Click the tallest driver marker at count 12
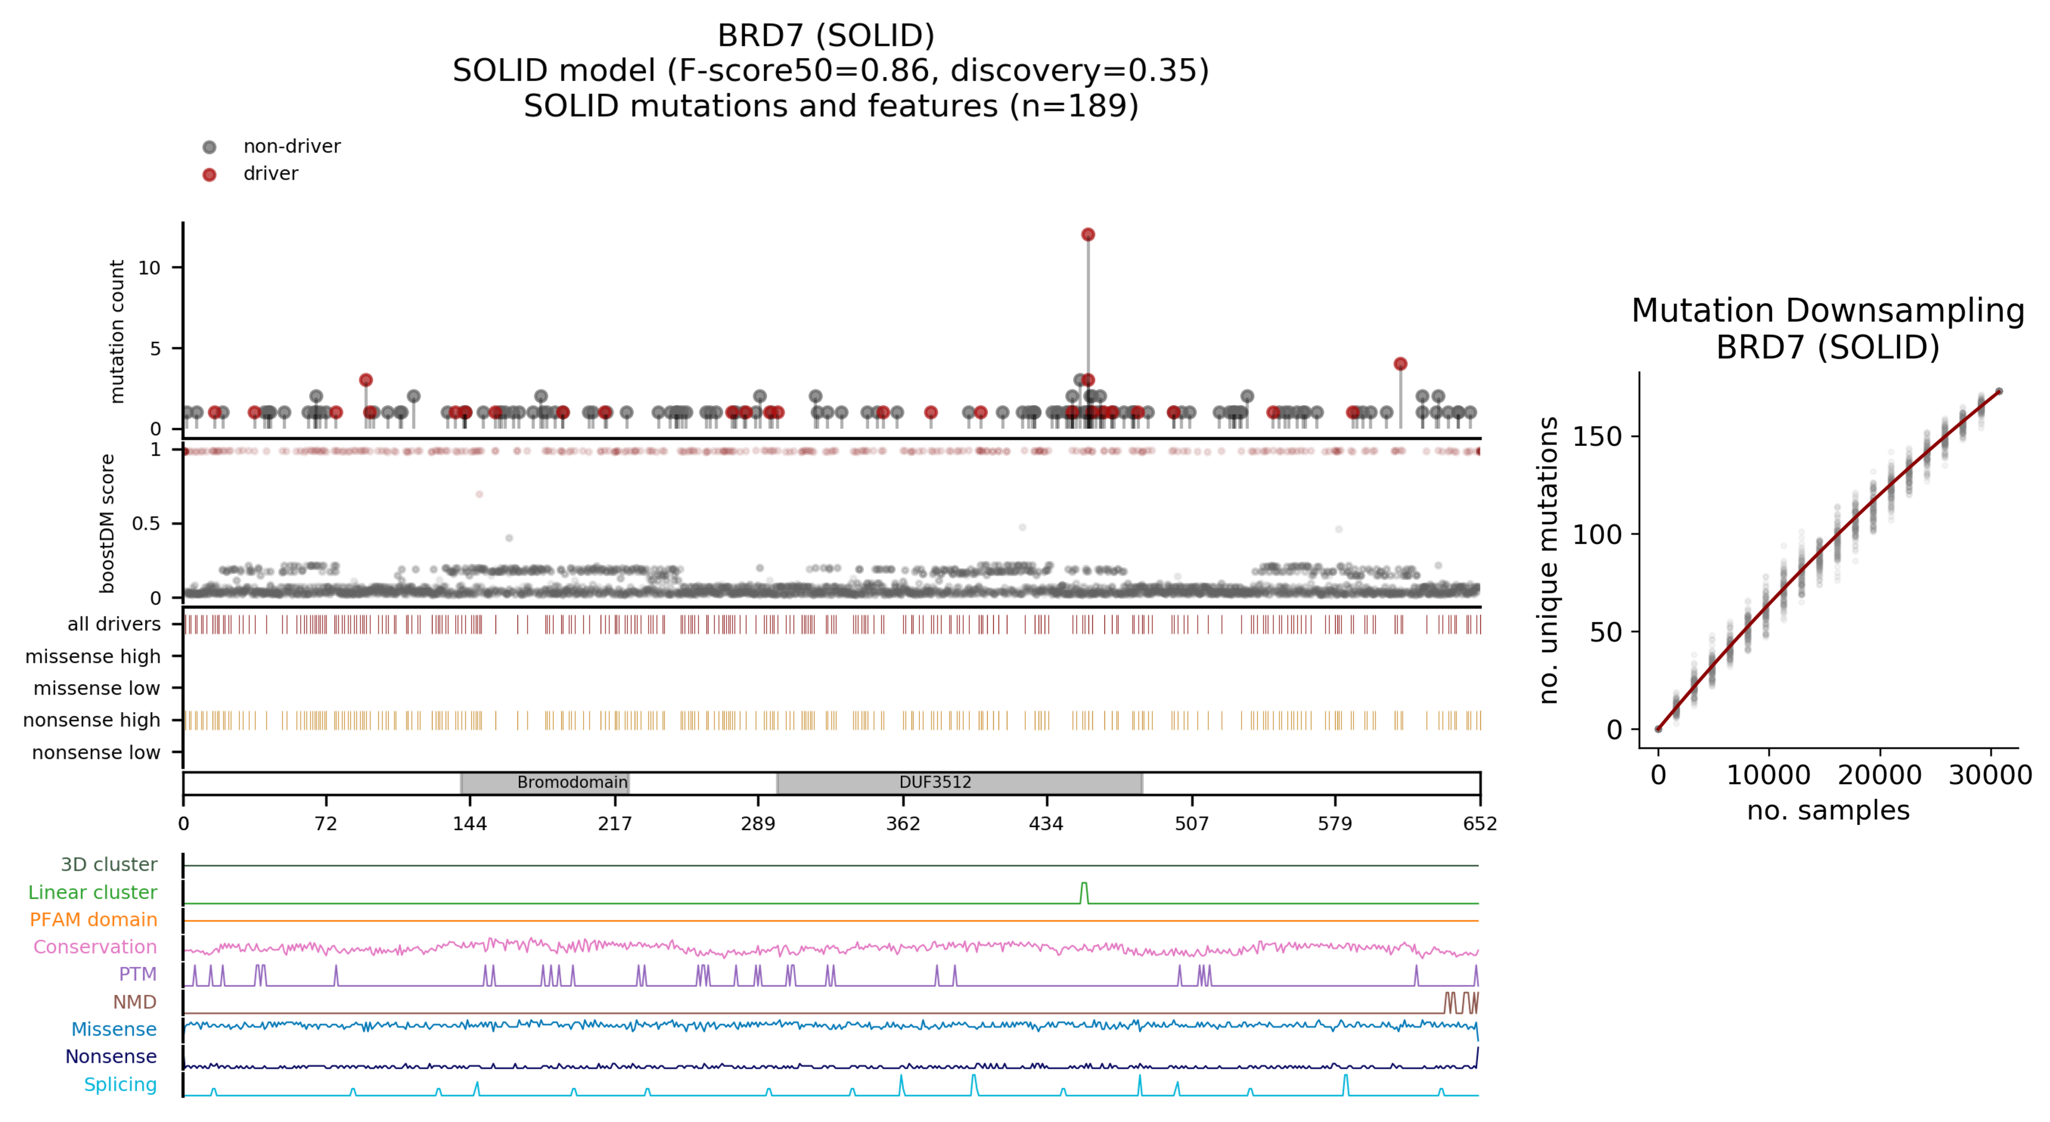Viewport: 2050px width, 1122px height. pyautogui.click(x=1088, y=235)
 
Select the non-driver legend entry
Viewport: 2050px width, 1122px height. pyautogui.click(x=291, y=146)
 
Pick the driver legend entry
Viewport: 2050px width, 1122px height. pyautogui.click(x=271, y=174)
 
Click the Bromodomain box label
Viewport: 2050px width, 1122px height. pyautogui.click(x=572, y=782)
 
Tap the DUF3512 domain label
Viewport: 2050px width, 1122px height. pyautogui.click(x=935, y=782)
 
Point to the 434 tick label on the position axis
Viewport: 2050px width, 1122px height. pyautogui.click(x=1046, y=824)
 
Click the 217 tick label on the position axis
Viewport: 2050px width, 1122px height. pyautogui.click(x=615, y=824)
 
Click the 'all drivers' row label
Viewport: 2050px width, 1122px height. pyautogui.click(x=114, y=624)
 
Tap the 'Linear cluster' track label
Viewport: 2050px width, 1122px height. pyautogui.click(x=92, y=892)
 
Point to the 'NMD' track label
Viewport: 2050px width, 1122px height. pyautogui.click(x=134, y=1002)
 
